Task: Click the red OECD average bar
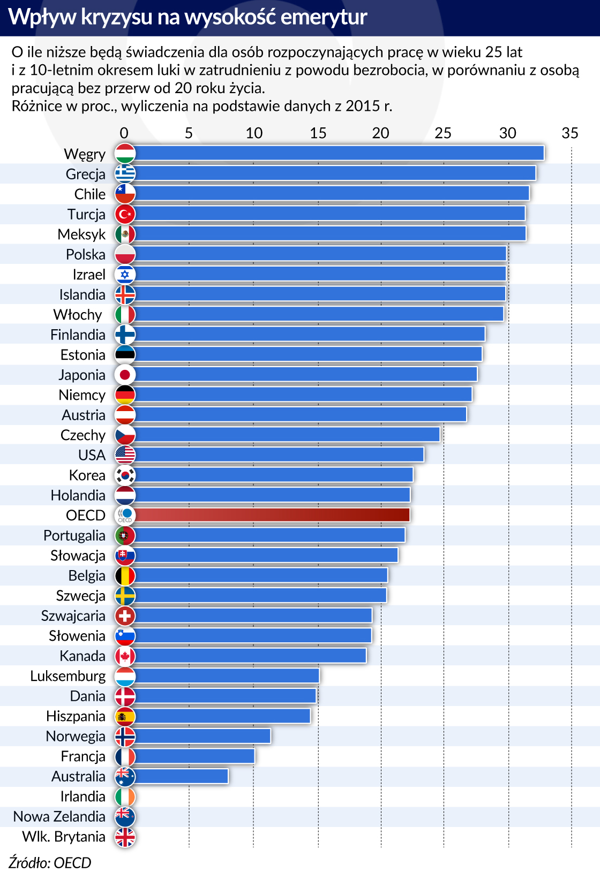point(272,515)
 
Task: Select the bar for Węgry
point(339,153)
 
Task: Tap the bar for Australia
point(182,776)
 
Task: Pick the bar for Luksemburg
point(227,676)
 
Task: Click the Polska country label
point(86,254)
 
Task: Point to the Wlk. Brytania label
point(64,837)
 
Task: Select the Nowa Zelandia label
point(59,816)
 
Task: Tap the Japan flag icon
point(125,374)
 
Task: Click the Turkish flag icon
point(125,214)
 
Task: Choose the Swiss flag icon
point(125,616)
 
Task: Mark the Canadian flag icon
point(125,656)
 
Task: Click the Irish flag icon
point(125,796)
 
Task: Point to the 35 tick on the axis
point(570,133)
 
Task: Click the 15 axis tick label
point(318,133)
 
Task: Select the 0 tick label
point(124,133)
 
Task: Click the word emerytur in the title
point(324,17)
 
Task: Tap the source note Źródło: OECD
point(50,863)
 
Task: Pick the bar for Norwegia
point(203,736)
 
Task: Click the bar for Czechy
point(287,435)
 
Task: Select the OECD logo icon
point(125,515)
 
